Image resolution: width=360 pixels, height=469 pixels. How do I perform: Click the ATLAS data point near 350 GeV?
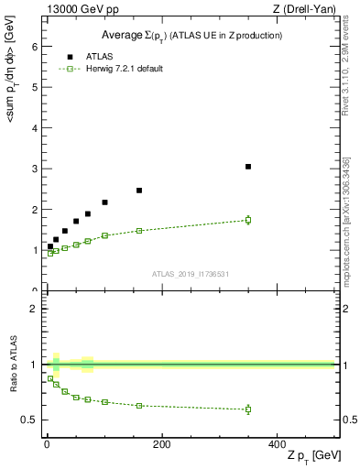point(248,167)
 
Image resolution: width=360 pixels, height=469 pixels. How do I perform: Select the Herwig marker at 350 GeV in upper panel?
point(248,220)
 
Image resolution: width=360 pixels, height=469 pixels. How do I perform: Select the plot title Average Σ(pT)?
point(191,35)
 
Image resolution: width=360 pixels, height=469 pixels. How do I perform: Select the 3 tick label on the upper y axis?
point(33,169)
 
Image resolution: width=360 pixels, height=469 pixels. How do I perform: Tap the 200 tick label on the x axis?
point(161,444)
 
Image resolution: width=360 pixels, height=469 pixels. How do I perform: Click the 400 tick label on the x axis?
point(277,444)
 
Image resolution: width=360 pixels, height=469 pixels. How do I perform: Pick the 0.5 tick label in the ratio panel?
point(28,420)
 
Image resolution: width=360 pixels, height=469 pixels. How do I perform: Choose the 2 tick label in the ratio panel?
point(33,309)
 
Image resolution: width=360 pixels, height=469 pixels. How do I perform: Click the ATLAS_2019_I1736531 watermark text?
point(190,274)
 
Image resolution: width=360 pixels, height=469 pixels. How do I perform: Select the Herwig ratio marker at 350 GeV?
point(248,409)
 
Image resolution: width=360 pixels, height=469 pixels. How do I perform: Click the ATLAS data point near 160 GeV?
point(139,191)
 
